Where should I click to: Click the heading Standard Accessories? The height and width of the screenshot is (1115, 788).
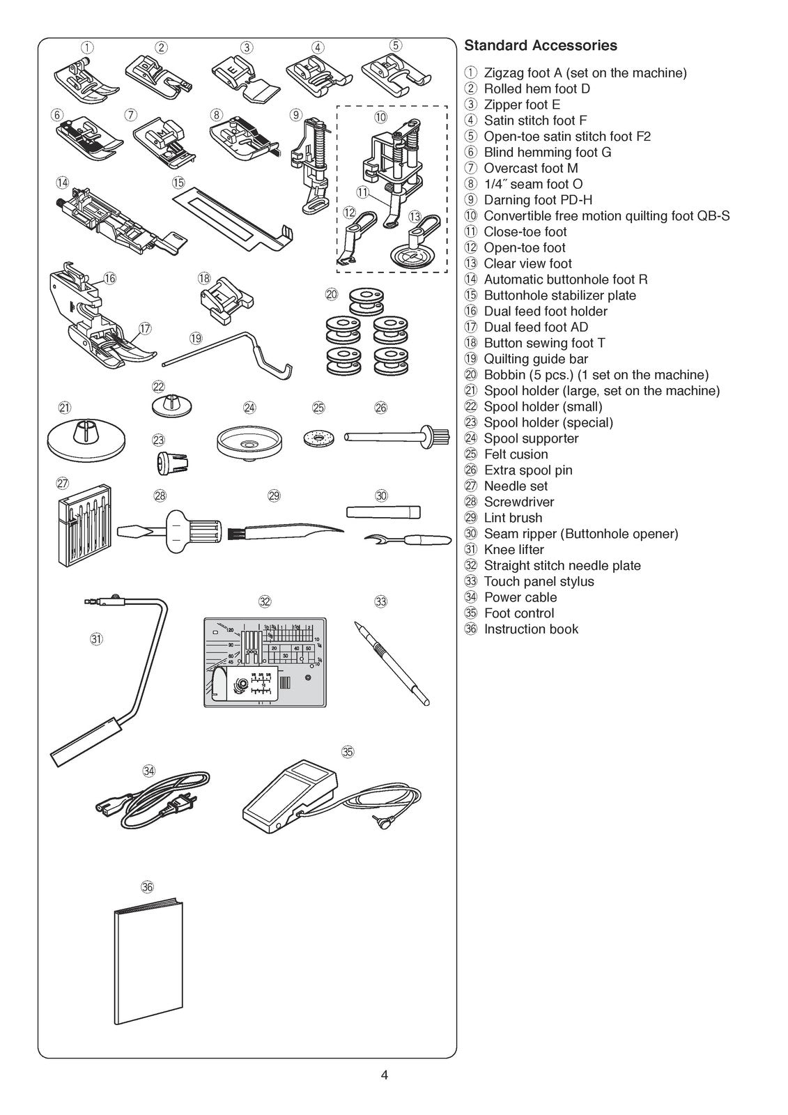pos(540,46)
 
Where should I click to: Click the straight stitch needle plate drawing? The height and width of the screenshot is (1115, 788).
pos(265,662)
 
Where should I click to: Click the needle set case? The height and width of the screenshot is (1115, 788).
pos(82,529)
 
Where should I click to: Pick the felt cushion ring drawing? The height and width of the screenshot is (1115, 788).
pos(318,438)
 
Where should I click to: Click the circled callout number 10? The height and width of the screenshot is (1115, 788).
pos(381,118)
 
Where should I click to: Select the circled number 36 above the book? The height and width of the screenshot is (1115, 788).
pos(147,887)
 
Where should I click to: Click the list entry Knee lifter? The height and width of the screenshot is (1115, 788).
pos(513,550)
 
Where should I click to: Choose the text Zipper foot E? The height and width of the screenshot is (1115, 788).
pos(522,105)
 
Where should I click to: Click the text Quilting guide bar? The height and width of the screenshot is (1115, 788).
pos(536,359)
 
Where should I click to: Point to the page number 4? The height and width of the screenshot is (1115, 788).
pos(385,1075)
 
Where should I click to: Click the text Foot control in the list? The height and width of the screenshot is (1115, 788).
pos(519,613)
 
